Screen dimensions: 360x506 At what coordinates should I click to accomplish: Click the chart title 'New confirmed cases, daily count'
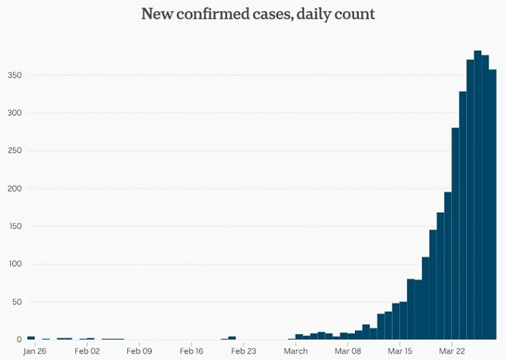pyautogui.click(x=258, y=14)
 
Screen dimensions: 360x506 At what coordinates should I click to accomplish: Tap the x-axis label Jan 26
pyautogui.click(x=34, y=352)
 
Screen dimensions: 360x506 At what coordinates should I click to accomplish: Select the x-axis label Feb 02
pyautogui.click(x=87, y=352)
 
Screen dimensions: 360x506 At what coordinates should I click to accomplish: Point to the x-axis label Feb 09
pyautogui.click(x=139, y=352)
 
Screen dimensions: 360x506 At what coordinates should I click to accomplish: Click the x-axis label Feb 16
pyautogui.click(x=192, y=352)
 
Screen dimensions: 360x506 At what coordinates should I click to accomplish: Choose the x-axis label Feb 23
pyautogui.click(x=244, y=352)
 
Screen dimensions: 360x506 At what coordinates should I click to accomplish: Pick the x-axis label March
pyautogui.click(x=296, y=352)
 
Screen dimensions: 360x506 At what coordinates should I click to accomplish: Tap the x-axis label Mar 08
pyautogui.click(x=348, y=352)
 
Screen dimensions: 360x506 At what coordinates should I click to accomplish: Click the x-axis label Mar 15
pyautogui.click(x=400, y=352)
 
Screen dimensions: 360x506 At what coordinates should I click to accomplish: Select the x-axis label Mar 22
pyautogui.click(x=452, y=352)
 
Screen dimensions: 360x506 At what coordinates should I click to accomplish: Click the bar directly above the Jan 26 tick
pyautogui.click(x=31, y=338)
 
